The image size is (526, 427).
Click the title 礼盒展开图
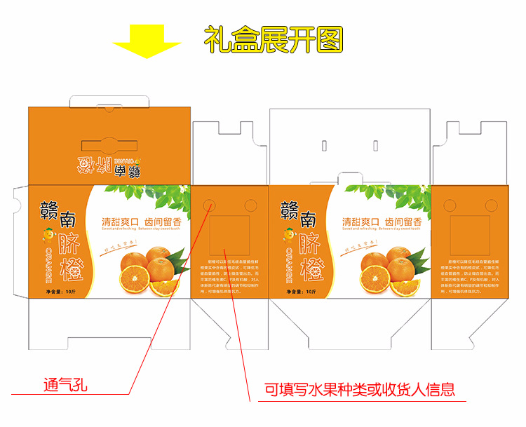coord(274,40)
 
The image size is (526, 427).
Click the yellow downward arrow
coord(147,41)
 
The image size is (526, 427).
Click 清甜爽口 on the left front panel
coord(121,218)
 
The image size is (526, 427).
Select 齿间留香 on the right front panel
coord(400,218)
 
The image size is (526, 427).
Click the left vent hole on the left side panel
coord(210,204)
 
